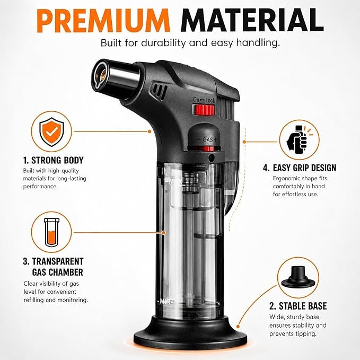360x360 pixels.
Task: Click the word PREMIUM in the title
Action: [103, 21]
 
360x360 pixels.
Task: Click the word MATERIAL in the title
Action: [252, 21]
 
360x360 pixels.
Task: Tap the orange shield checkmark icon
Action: [51, 131]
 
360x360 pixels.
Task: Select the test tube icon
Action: [51, 232]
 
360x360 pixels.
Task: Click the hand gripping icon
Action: [299, 140]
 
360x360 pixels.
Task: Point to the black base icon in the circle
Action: [298, 277]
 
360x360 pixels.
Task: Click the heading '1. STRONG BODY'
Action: [53, 160]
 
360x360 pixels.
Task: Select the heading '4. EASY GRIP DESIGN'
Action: [300, 168]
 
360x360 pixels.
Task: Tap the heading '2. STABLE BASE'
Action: [298, 306]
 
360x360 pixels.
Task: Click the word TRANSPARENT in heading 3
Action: [58, 261]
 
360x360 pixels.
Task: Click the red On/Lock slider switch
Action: [204, 110]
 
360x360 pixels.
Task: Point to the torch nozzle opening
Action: [102, 75]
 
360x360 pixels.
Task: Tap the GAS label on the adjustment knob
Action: [207, 139]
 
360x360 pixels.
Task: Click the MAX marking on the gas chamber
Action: [175, 182]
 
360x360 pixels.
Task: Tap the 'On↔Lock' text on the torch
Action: [204, 100]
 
